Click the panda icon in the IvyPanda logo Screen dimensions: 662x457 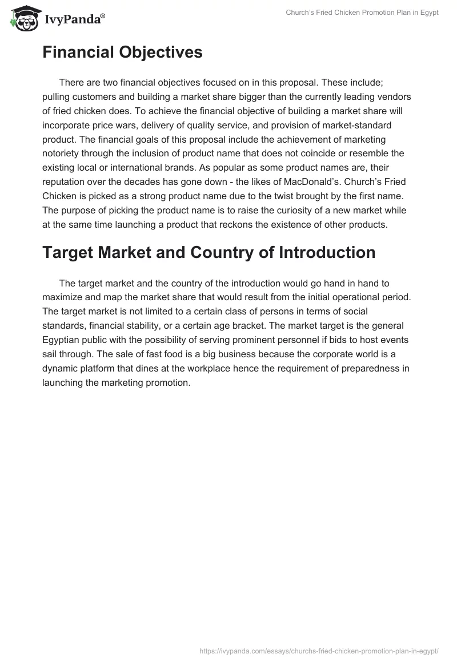pyautogui.click(x=23, y=19)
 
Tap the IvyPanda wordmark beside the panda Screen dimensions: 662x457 pyautogui.click(x=74, y=20)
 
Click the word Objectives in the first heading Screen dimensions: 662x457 pyautogui.click(x=159, y=53)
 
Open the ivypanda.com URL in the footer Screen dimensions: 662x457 pyautogui.click(x=318, y=651)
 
